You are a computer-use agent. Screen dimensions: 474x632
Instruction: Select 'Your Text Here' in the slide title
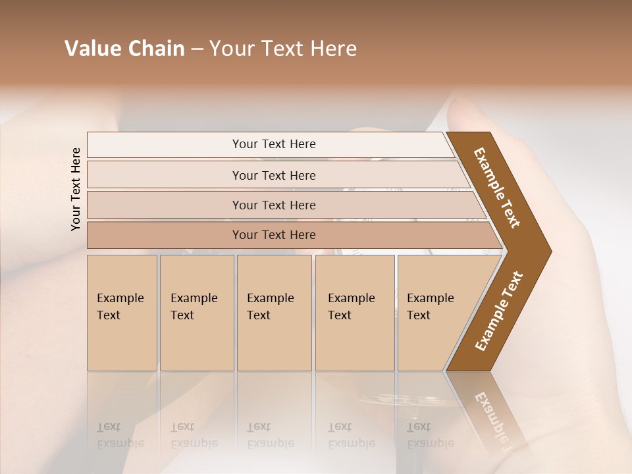(283, 49)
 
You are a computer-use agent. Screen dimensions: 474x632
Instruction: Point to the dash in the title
(197, 49)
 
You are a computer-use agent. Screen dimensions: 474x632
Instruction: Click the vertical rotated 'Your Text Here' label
(76, 189)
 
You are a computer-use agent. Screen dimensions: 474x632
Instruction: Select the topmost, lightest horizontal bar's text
(274, 144)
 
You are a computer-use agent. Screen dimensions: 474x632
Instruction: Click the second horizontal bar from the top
(274, 175)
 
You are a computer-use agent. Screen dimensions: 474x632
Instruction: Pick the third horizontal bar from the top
(274, 205)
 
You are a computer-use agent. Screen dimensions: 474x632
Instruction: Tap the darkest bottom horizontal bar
(274, 235)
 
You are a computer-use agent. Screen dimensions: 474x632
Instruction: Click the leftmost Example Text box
(121, 307)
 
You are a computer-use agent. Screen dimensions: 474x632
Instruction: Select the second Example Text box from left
(195, 307)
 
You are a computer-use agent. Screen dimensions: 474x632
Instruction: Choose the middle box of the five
(272, 307)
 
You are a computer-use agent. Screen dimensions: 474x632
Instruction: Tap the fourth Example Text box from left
(352, 307)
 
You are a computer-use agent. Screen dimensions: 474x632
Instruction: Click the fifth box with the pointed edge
(431, 307)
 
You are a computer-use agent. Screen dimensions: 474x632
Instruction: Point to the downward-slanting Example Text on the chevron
(497, 187)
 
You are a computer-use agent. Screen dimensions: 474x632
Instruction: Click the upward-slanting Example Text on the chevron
(499, 311)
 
